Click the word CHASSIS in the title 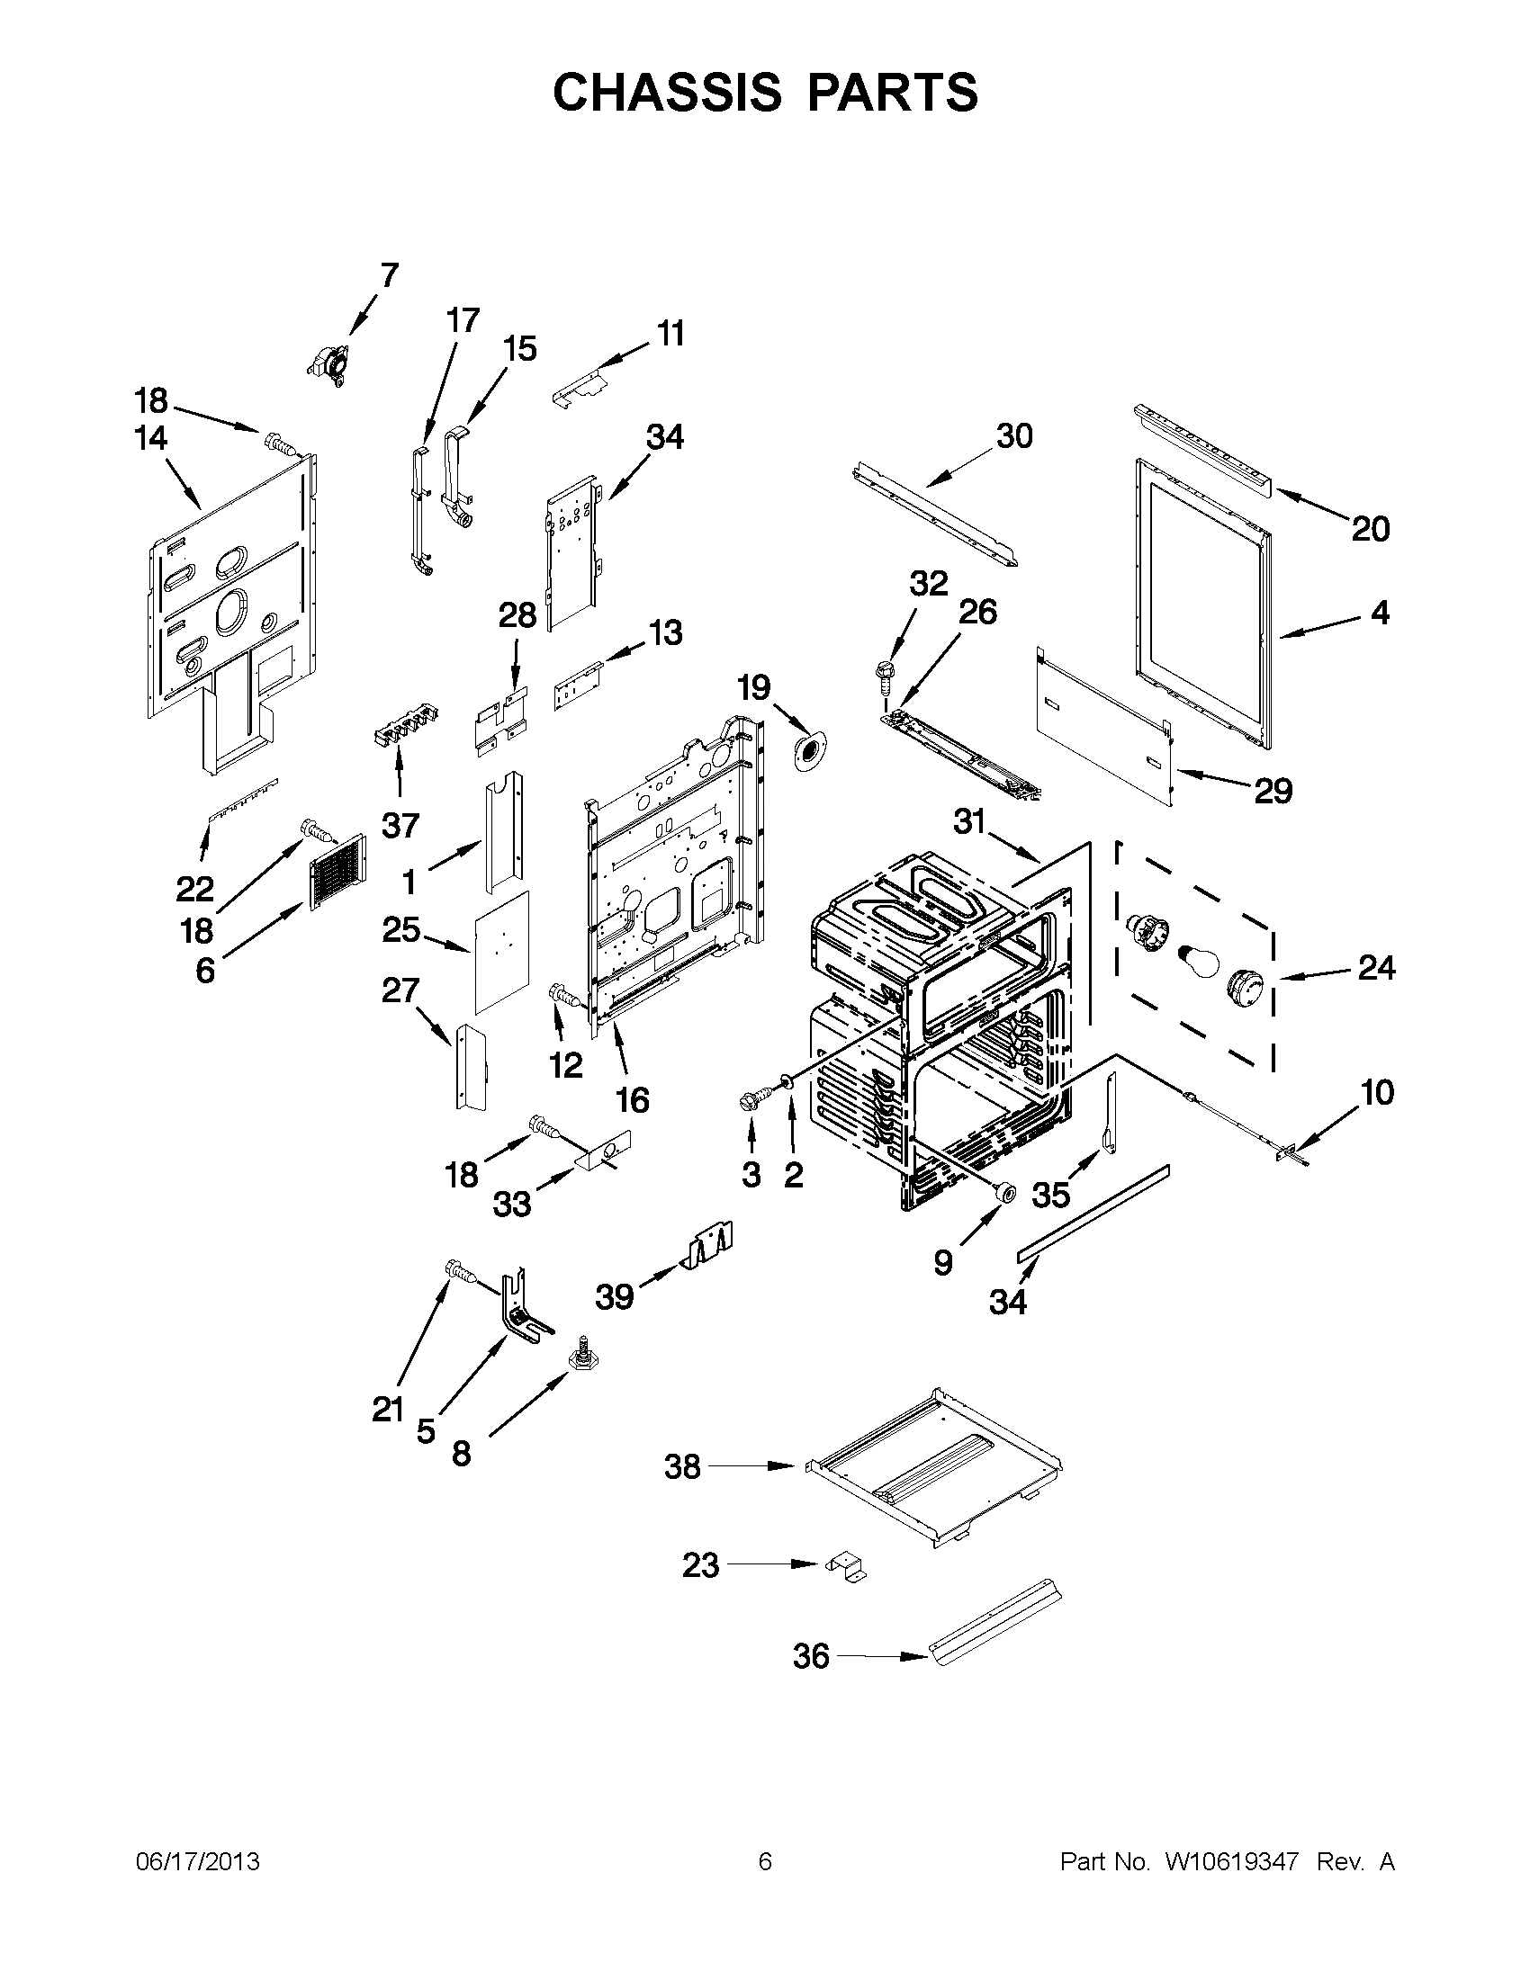click(667, 93)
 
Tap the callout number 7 click(389, 273)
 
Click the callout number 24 click(1376, 968)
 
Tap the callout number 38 click(682, 1466)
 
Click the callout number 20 click(1371, 529)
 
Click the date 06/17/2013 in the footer click(198, 1861)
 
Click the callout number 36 click(811, 1656)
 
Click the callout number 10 click(1377, 1092)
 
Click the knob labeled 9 click(1004, 1194)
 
